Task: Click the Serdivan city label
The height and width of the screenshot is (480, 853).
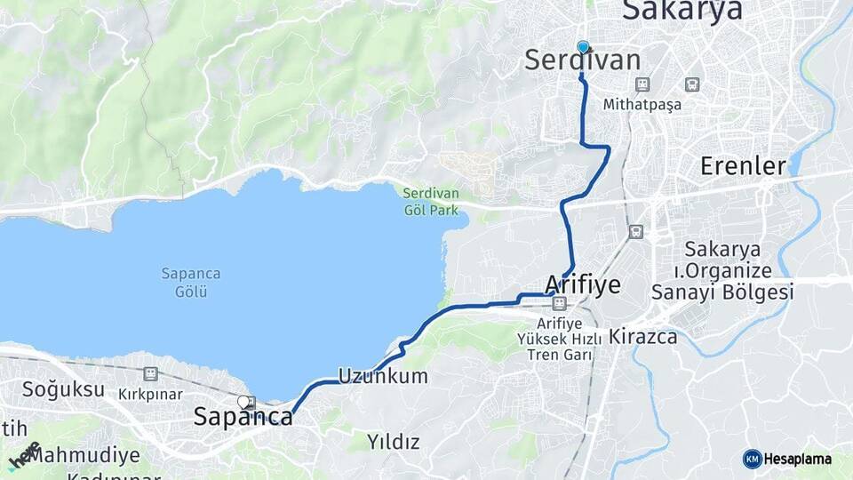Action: [582, 61]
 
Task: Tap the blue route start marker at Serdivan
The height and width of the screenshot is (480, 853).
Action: [583, 47]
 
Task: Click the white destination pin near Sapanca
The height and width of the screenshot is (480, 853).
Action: [243, 403]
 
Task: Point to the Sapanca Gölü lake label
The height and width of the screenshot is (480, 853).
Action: [191, 282]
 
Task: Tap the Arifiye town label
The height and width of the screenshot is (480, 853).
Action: [582, 284]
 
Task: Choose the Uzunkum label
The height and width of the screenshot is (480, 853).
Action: [382, 376]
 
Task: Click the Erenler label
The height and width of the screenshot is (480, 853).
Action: [743, 166]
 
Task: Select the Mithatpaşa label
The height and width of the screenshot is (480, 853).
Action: [642, 104]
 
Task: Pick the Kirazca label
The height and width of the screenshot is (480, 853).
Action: [643, 337]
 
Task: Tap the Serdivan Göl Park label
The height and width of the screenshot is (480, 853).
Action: [430, 202]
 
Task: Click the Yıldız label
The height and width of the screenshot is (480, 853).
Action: [395, 442]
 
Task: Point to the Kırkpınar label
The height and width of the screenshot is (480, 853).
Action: [150, 394]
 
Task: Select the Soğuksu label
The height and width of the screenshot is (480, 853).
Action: [52, 389]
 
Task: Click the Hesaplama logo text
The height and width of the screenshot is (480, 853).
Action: [799, 459]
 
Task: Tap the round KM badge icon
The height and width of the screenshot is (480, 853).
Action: [752, 459]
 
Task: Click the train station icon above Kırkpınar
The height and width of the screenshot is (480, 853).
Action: [151, 374]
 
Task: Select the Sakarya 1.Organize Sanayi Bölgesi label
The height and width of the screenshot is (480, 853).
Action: [721, 269]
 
